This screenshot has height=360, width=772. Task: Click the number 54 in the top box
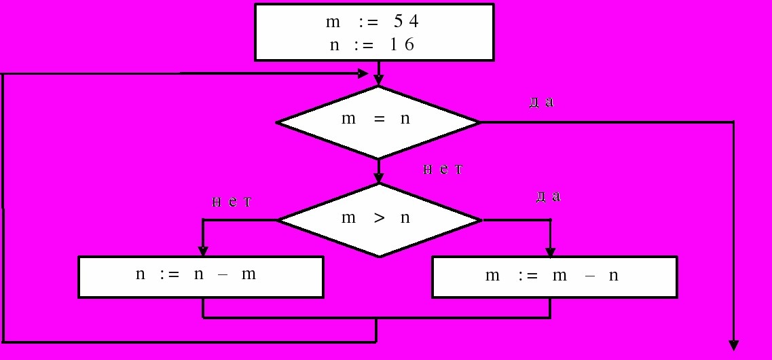coord(406,22)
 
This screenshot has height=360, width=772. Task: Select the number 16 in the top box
coord(402,45)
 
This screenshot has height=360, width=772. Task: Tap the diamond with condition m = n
coord(378,122)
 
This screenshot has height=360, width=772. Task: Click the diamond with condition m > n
coord(379,220)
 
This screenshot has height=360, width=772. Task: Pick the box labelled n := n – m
coord(201,276)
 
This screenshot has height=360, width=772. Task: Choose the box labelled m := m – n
coord(554,276)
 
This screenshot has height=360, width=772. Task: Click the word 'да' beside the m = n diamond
coord(542,103)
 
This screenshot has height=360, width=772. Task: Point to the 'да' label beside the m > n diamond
coord(548,196)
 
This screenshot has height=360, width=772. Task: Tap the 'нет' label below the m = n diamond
coord(443,169)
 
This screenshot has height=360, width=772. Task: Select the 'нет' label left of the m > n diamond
coord(232,202)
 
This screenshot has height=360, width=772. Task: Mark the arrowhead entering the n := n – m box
coord(203,250)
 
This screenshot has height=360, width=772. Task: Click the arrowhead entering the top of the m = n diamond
coord(378,80)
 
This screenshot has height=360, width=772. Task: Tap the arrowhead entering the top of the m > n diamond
coord(379,178)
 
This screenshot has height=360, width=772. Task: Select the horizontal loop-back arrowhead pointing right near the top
coord(363,73)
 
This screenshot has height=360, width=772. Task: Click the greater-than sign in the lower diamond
coord(379,217)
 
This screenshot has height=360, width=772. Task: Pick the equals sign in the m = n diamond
coord(379,119)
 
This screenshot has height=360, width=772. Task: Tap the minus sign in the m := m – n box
coord(586,275)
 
